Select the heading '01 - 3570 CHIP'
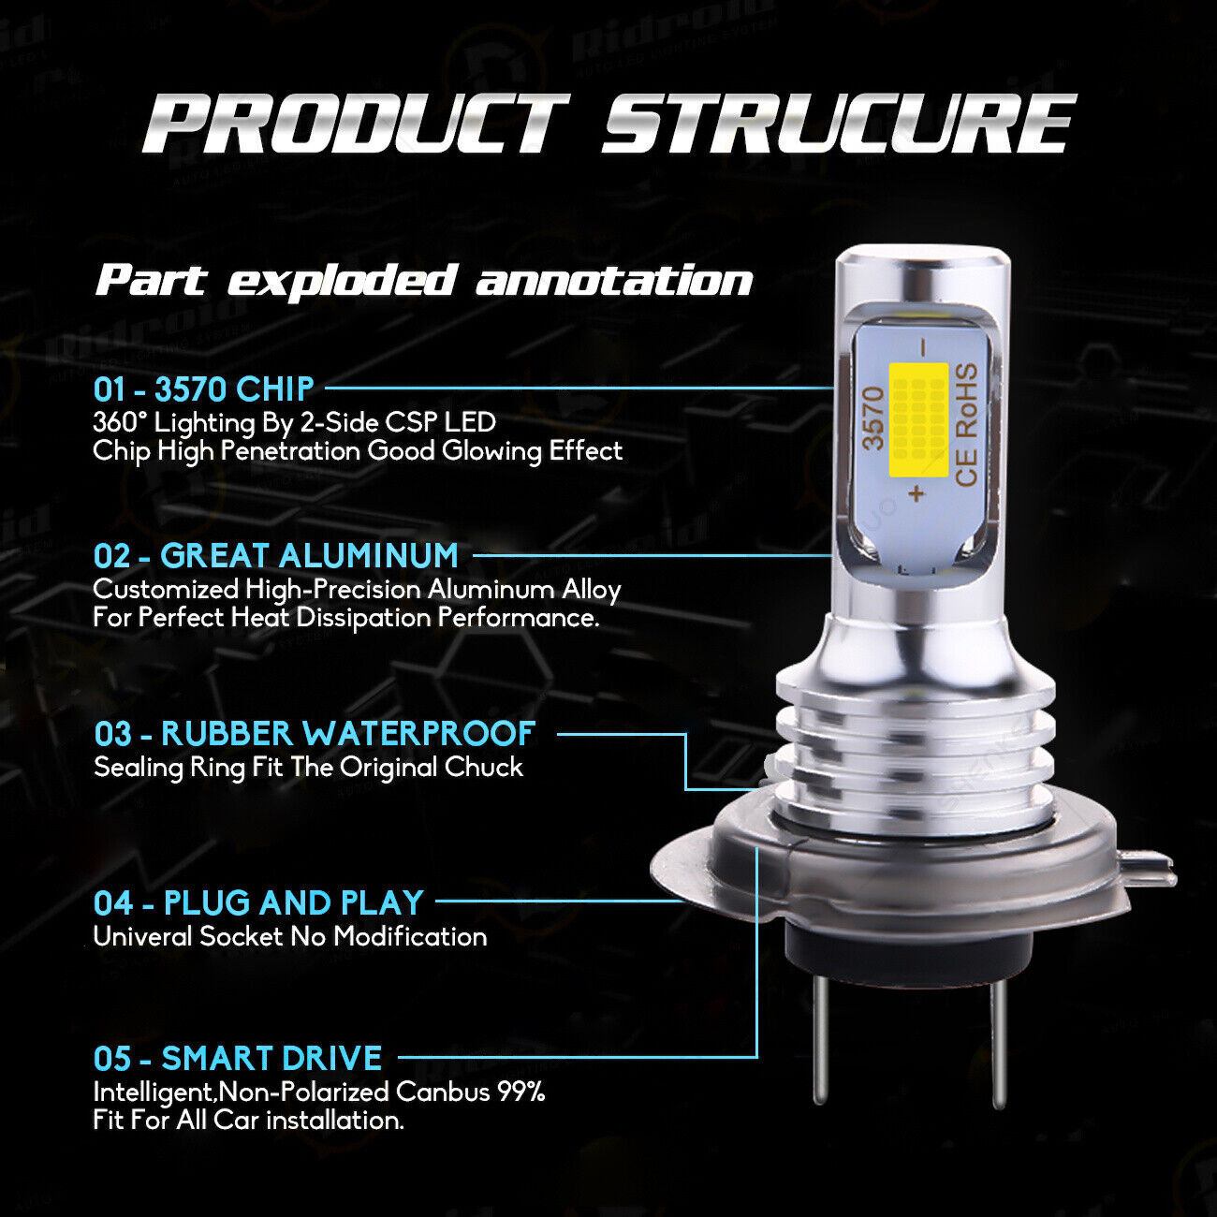[203, 389]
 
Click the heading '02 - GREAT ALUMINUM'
[276, 556]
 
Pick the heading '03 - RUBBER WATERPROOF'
[315, 734]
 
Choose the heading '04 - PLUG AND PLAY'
[259, 903]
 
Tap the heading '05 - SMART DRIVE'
[238, 1059]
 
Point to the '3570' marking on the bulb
[872, 418]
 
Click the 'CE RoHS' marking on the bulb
[966, 424]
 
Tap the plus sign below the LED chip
[917, 493]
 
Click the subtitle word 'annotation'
[614, 281]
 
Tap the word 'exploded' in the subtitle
[341, 282]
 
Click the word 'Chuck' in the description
[484, 768]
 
